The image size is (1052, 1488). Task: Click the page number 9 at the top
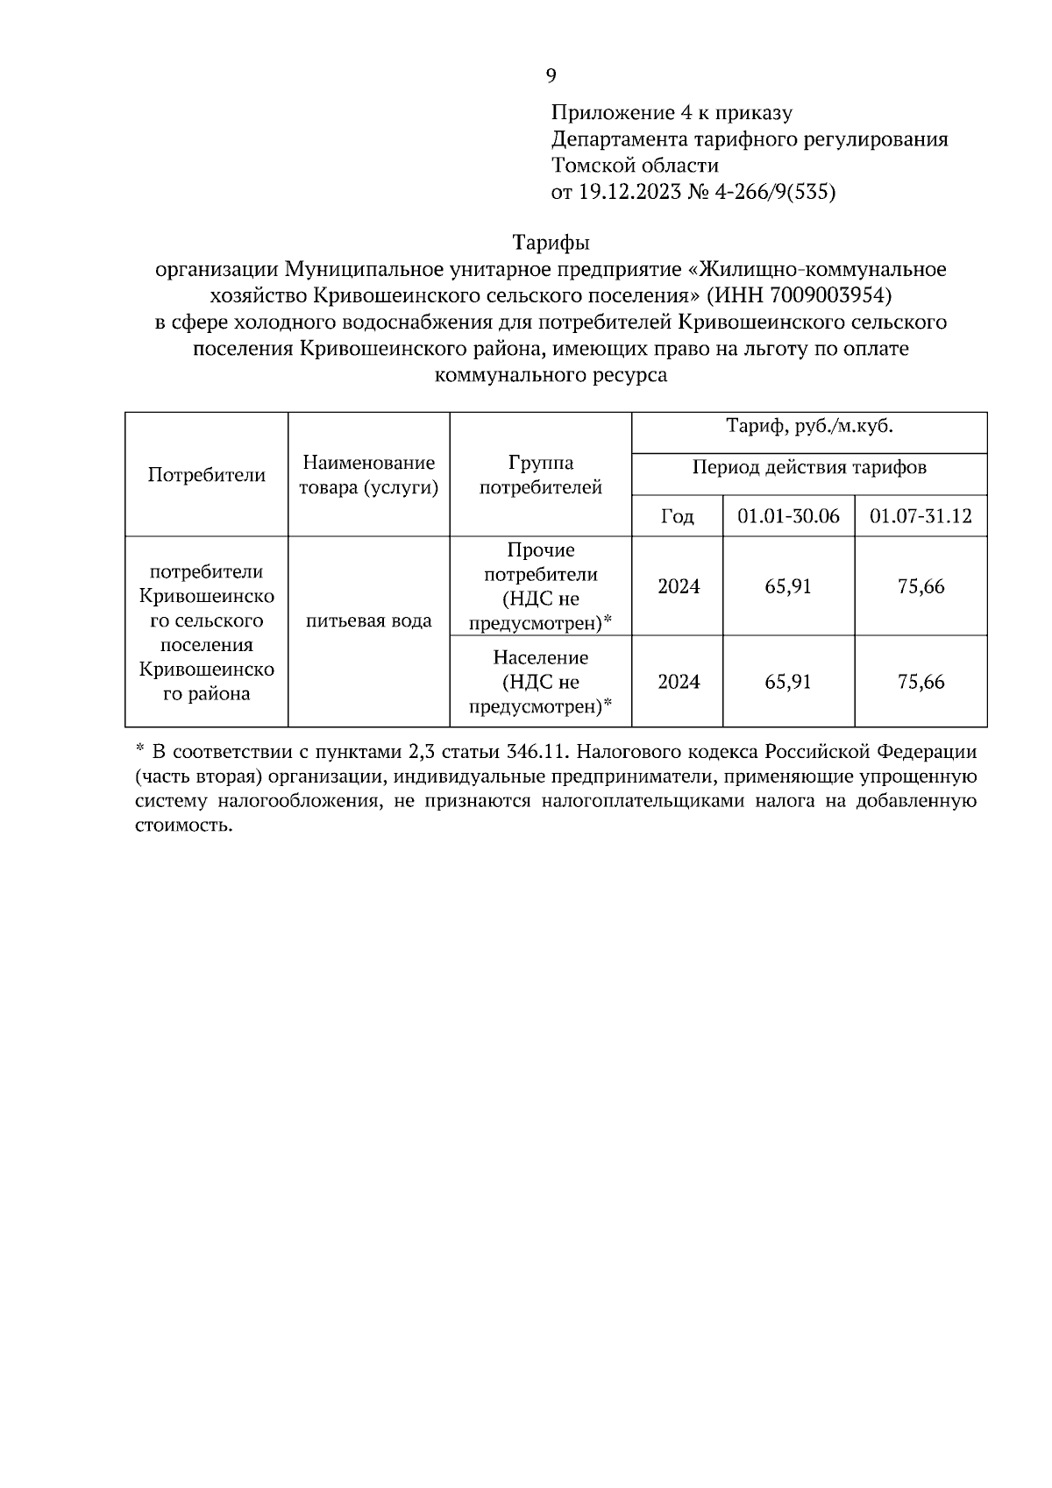[551, 76]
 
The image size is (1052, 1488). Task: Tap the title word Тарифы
[551, 242]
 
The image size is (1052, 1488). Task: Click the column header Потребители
[206, 475]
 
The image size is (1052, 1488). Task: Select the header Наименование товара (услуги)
[368, 475]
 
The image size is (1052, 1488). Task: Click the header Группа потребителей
[540, 475]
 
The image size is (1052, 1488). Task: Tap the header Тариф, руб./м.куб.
[808, 428]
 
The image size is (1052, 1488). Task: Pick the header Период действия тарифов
[808, 467]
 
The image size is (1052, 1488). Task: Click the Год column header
[677, 516]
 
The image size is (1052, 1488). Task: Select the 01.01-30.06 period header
[788, 516]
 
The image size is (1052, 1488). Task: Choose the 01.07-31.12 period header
[920, 516]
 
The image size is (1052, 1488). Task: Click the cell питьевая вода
[368, 621]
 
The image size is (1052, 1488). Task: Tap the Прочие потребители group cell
[540, 586]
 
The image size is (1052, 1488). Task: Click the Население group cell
[540, 682]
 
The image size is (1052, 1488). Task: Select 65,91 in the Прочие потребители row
[788, 586]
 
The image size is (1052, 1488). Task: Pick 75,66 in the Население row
[920, 682]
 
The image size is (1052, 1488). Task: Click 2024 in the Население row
[678, 682]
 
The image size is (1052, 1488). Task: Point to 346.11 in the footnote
[538, 752]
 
